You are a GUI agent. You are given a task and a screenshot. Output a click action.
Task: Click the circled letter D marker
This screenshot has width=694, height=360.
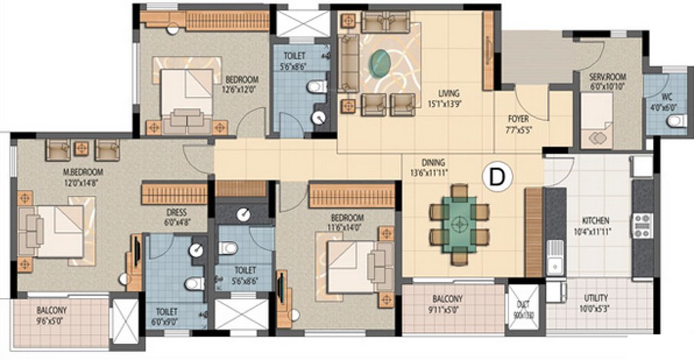click(497, 177)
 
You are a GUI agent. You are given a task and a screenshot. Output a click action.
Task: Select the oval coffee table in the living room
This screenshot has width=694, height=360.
click(381, 63)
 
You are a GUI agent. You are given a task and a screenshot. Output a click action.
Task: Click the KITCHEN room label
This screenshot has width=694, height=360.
click(596, 221)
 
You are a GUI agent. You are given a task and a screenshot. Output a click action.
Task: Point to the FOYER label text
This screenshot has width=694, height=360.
click(518, 120)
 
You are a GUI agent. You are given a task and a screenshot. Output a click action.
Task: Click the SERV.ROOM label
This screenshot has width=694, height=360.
click(597, 78)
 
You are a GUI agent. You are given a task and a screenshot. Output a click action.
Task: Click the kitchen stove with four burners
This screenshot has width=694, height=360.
click(641, 225)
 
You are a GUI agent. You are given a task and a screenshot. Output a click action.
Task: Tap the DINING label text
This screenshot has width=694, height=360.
click(433, 162)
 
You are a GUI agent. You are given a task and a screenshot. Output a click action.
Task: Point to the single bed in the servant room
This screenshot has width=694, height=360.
click(597, 120)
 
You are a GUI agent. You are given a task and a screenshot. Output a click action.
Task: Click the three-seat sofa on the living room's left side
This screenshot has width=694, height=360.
click(349, 62)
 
